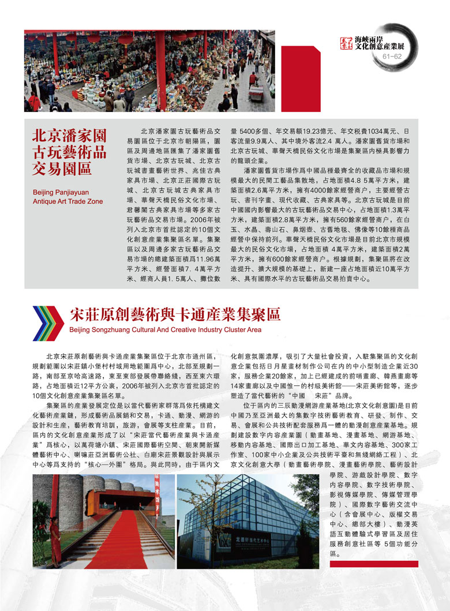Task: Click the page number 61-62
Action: (392, 57)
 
